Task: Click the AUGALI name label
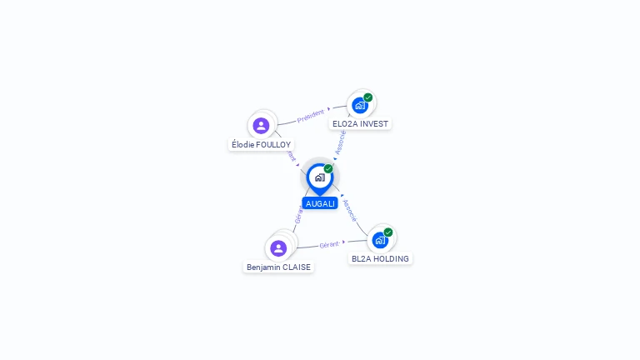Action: tap(320, 203)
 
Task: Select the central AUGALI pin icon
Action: tap(319, 177)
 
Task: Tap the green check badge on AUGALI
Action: tap(328, 169)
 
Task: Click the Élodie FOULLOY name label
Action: tap(261, 144)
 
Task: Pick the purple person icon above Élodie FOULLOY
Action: tap(262, 126)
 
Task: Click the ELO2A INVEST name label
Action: tap(360, 123)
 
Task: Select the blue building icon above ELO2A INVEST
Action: tap(360, 105)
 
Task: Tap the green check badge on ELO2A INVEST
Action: tap(368, 97)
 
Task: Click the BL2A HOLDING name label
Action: tap(380, 258)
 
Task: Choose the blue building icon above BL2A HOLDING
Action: tap(380, 240)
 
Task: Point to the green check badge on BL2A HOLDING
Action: tap(388, 232)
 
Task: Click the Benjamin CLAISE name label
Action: tap(278, 267)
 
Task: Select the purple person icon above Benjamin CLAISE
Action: tap(278, 248)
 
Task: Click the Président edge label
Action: tap(311, 115)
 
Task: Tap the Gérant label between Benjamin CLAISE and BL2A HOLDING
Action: tap(330, 245)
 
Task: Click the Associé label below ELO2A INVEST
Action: tap(340, 142)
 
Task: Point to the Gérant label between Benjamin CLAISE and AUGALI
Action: tap(297, 215)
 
